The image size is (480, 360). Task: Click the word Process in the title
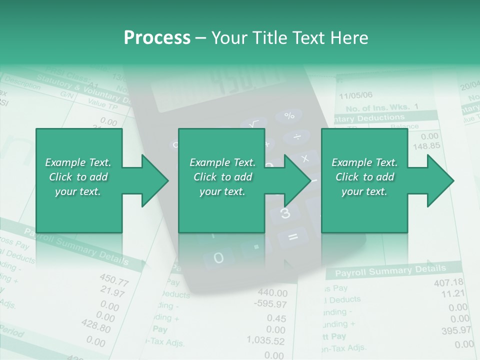(156, 38)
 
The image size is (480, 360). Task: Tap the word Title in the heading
(270, 38)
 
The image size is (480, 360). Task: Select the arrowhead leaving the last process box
(440, 180)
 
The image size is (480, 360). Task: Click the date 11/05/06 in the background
(355, 95)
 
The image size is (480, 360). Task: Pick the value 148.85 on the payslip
(426, 146)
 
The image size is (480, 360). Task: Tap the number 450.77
(114, 280)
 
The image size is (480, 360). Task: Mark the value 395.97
(456, 330)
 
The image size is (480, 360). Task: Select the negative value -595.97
(270, 304)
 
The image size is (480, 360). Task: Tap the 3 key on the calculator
(285, 213)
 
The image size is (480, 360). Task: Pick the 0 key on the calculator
(218, 258)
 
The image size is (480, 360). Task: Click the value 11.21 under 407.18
(453, 293)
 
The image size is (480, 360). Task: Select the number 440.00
(272, 293)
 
